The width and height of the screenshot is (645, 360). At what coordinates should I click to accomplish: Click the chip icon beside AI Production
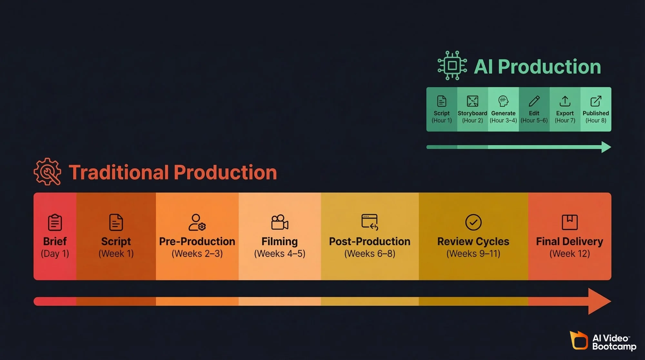click(452, 65)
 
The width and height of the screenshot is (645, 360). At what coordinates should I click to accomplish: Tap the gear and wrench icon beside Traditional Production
click(47, 172)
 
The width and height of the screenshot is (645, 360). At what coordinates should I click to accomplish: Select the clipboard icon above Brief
click(55, 222)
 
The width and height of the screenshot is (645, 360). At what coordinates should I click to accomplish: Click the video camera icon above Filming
click(280, 222)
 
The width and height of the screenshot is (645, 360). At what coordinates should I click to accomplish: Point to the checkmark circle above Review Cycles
click(473, 222)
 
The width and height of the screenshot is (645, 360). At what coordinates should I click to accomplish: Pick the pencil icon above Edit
click(534, 101)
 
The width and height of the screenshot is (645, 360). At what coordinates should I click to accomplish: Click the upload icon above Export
click(565, 101)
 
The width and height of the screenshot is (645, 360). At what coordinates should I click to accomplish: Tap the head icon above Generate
click(503, 101)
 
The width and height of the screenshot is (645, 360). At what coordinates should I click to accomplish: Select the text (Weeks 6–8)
click(370, 254)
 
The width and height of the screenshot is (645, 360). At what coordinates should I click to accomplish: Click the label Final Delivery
click(570, 241)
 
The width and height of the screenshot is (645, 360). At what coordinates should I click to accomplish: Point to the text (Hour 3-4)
click(503, 120)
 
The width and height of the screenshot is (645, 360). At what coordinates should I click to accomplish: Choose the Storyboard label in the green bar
click(472, 113)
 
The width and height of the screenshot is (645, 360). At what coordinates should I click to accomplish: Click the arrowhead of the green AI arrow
click(606, 147)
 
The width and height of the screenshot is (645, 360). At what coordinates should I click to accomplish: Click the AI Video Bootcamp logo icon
click(579, 340)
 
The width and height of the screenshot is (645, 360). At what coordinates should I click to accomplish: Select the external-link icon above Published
click(596, 101)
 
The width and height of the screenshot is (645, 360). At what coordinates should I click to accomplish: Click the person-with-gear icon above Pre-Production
click(197, 222)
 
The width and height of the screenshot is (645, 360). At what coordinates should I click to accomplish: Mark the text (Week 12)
click(570, 254)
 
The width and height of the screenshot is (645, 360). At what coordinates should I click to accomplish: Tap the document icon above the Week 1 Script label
click(116, 222)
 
